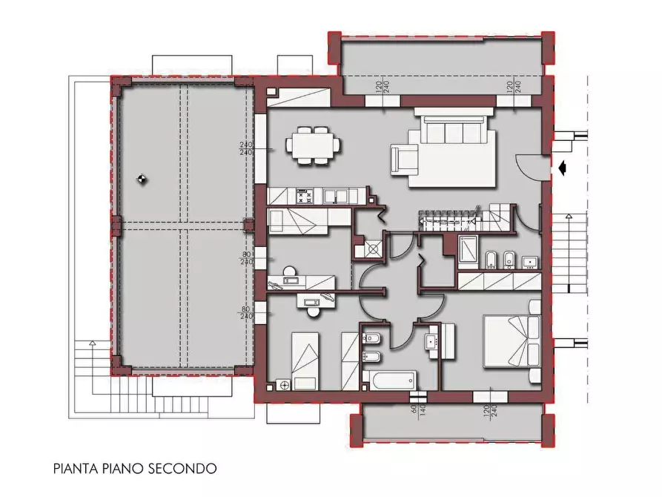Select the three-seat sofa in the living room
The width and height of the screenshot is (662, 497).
click(452, 131)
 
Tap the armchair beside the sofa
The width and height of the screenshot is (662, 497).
click(405, 159)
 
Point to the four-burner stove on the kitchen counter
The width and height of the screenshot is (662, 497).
click(304, 197)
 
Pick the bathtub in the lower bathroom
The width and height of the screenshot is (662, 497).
click(391, 381)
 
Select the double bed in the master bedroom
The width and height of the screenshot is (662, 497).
click(511, 340)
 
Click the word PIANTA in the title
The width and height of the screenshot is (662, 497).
click(74, 469)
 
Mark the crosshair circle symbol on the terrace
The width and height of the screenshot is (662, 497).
click(142, 178)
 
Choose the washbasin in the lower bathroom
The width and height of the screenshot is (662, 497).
click(431, 340)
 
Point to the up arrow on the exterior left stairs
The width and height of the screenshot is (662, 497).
click(90, 344)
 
